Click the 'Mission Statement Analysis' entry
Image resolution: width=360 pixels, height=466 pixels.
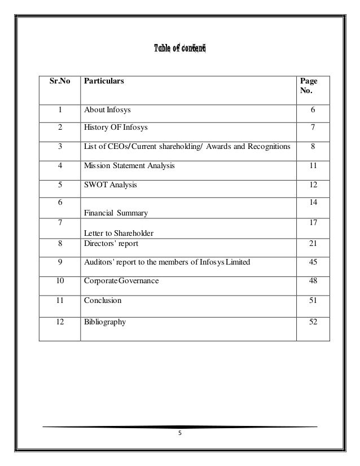pyautogui.click(x=129, y=166)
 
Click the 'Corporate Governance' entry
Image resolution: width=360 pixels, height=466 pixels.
pyautogui.click(x=121, y=280)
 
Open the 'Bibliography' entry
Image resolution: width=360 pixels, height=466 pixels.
pyautogui.click(x=105, y=322)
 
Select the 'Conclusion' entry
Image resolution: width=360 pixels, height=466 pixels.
pyautogui.click(x=102, y=301)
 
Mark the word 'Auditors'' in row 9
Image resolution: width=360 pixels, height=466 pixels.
pyautogui.click(x=98, y=262)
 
